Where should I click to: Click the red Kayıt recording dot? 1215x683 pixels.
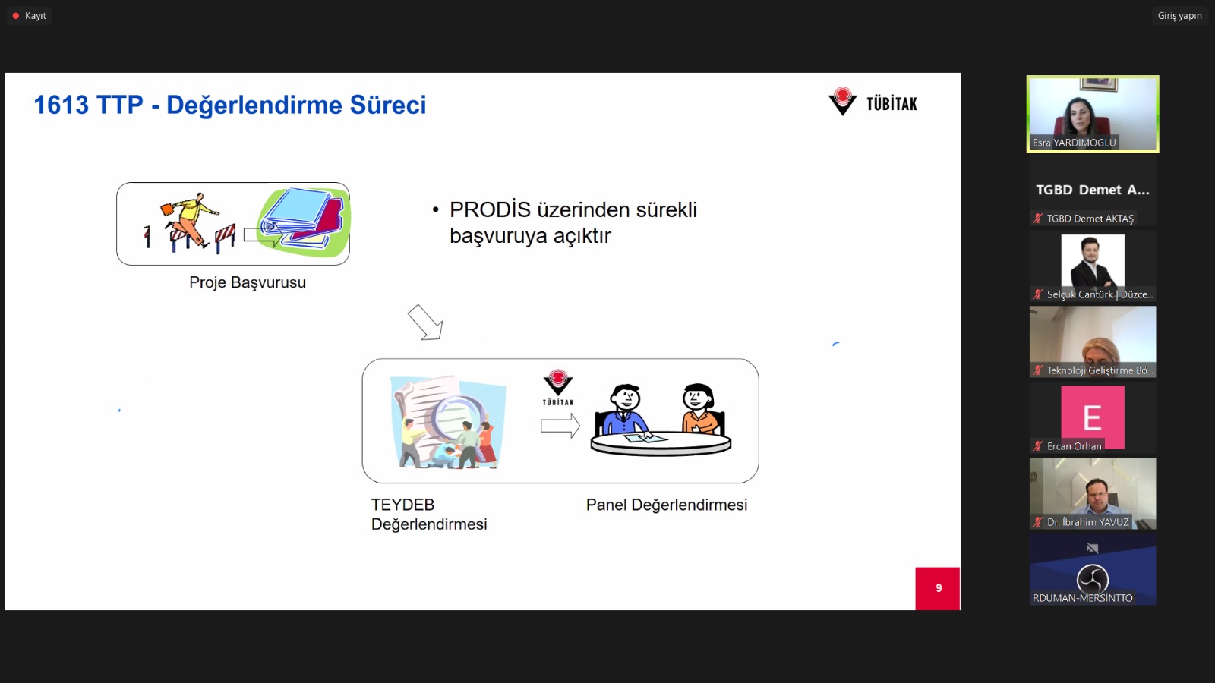click(16, 16)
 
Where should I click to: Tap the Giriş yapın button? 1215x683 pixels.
click(1180, 16)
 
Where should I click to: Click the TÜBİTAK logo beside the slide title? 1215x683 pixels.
click(873, 102)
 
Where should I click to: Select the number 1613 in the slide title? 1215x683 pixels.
click(61, 105)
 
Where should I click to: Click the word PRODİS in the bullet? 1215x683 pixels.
click(490, 209)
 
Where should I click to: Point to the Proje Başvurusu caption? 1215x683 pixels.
click(248, 282)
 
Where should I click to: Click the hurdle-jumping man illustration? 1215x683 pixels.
click(190, 222)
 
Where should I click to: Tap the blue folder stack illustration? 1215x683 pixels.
click(304, 221)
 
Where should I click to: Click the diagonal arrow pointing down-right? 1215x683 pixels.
click(425, 322)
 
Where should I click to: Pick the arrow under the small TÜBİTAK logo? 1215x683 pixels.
click(560, 426)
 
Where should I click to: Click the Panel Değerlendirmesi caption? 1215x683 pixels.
click(667, 505)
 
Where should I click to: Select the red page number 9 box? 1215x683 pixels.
click(938, 588)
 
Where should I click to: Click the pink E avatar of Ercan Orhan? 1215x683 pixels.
click(1093, 417)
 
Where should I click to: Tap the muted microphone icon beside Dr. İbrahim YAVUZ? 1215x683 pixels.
click(1037, 522)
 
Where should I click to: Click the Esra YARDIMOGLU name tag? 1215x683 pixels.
click(1074, 143)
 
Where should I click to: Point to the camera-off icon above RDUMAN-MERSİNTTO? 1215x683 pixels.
click(1093, 549)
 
